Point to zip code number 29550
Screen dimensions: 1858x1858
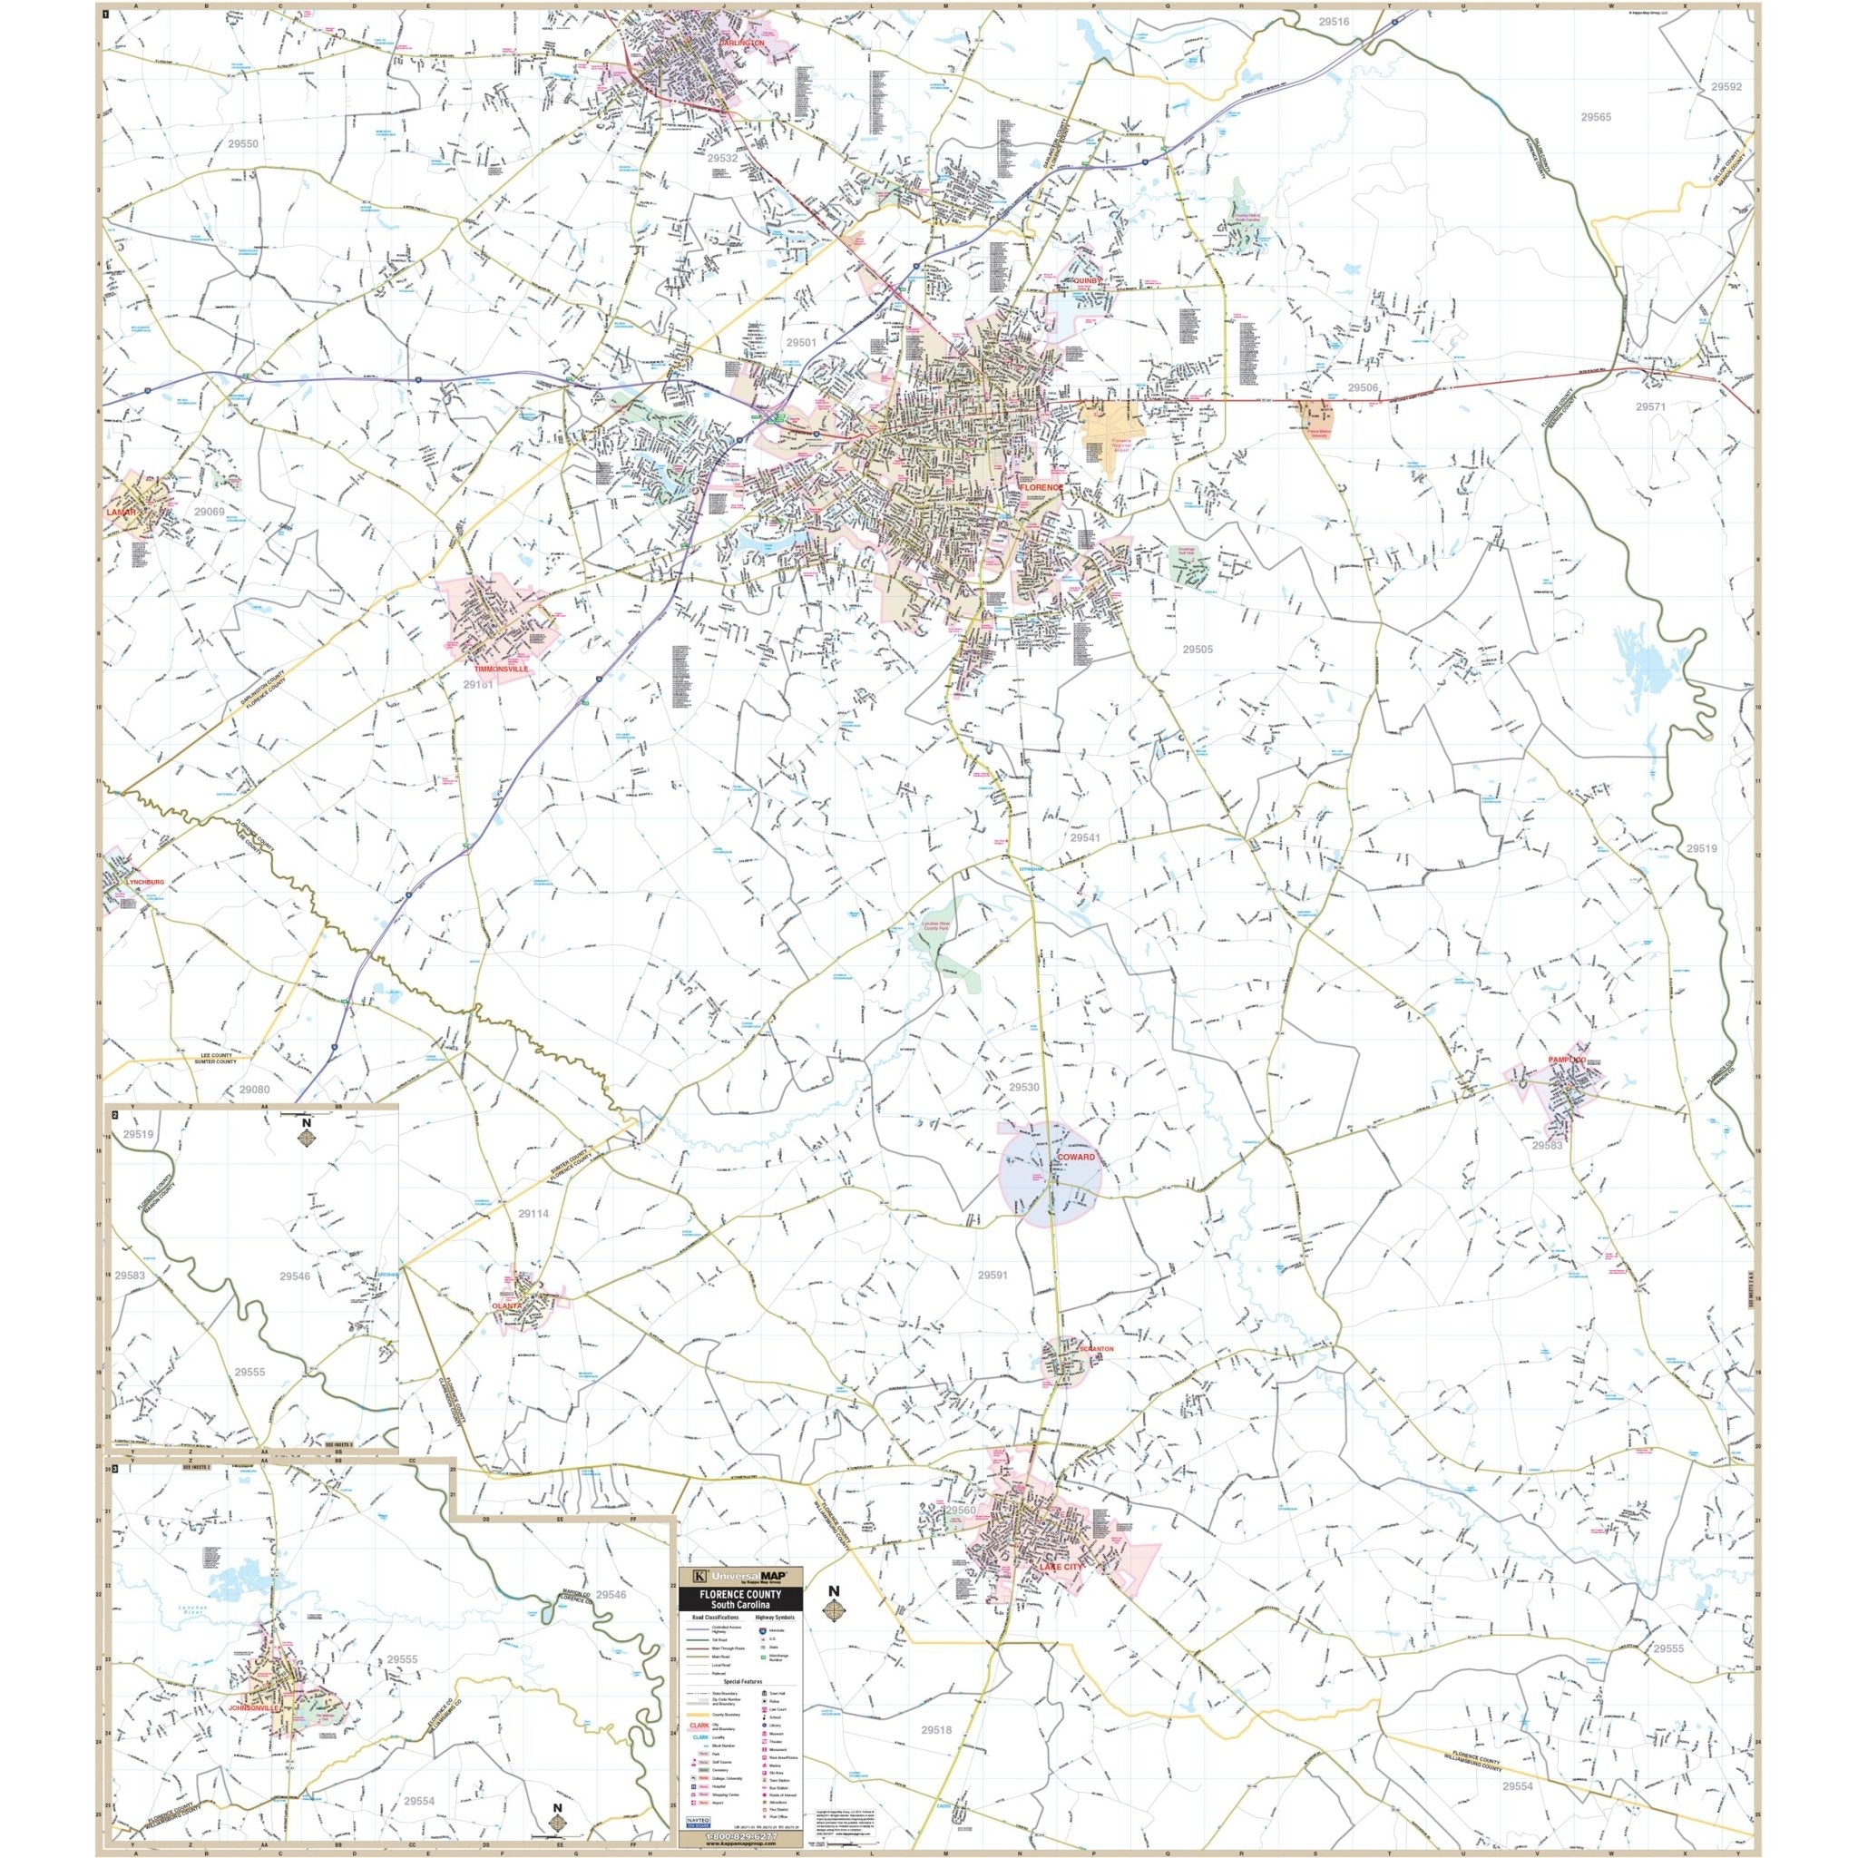(242, 143)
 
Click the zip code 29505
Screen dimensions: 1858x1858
(1198, 650)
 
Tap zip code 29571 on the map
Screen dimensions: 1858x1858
(1649, 406)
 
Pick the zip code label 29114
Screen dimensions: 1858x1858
(532, 1214)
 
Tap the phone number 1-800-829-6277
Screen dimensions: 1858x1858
(739, 1843)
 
